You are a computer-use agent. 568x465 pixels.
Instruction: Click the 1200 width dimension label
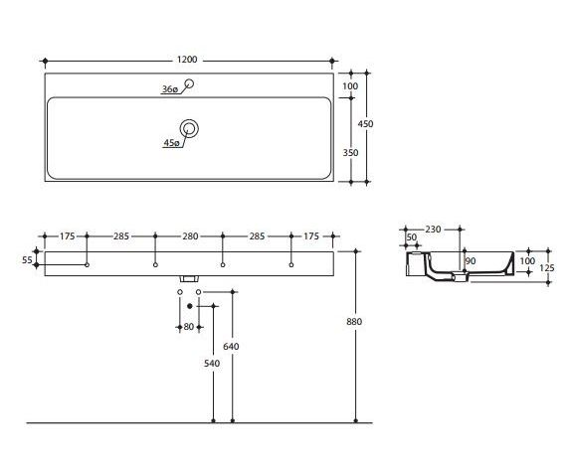(x=187, y=60)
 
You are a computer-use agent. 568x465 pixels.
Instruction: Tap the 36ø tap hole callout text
(x=170, y=89)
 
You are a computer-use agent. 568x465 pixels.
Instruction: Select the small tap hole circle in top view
(x=189, y=83)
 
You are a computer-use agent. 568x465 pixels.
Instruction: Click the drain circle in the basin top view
(x=189, y=128)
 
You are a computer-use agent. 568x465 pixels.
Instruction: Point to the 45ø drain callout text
(x=171, y=143)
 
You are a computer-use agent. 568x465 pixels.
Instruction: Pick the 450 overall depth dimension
(x=365, y=124)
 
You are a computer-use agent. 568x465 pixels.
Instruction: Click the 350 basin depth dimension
(x=350, y=153)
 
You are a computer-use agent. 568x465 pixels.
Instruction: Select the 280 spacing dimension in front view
(x=190, y=236)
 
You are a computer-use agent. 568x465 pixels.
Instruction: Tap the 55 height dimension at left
(x=27, y=259)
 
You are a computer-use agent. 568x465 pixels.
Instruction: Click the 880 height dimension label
(x=354, y=321)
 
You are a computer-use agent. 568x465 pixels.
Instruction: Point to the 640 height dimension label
(x=231, y=347)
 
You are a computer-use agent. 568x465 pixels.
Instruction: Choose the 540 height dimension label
(x=212, y=363)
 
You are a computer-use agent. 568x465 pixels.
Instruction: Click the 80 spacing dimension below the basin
(x=189, y=327)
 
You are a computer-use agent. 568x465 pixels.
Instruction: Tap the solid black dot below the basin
(x=189, y=306)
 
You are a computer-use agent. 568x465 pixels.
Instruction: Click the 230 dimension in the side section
(x=433, y=230)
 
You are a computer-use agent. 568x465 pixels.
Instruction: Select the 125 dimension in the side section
(x=547, y=268)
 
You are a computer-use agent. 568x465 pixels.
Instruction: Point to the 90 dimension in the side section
(x=471, y=261)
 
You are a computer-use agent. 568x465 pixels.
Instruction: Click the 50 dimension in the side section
(x=412, y=237)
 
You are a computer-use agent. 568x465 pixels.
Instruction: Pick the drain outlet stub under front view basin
(x=189, y=278)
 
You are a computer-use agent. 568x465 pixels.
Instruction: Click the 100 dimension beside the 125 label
(x=527, y=261)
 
